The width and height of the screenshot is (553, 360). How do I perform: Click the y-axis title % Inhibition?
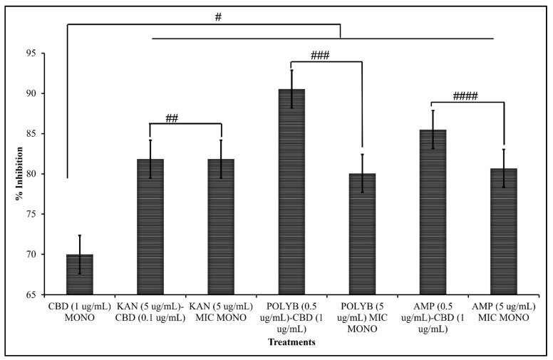[x=22, y=175]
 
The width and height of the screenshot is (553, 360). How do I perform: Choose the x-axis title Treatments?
[x=291, y=342]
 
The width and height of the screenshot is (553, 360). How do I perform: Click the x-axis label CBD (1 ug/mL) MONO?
[x=80, y=312]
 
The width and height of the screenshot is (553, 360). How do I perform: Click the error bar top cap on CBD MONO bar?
[x=80, y=235]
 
